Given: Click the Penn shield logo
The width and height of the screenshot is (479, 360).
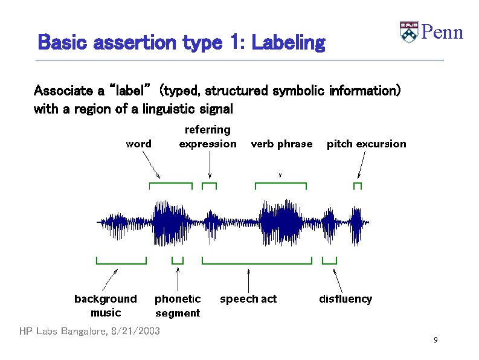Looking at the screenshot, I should (409, 32).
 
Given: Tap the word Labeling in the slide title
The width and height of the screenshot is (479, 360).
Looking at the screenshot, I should (288, 43).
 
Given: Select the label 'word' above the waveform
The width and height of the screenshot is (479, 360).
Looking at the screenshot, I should (138, 144).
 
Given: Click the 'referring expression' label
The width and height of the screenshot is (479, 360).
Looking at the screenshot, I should (208, 137).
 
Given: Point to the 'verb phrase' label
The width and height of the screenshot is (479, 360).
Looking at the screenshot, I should (281, 144).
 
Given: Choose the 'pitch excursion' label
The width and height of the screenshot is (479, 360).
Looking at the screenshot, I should (366, 144).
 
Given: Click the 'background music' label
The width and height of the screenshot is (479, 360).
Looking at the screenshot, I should (106, 306).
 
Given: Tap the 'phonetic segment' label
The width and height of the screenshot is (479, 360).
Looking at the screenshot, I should (178, 306).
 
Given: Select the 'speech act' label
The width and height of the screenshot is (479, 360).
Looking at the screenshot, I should (248, 299).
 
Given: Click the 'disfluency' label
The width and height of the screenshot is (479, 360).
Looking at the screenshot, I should (346, 299).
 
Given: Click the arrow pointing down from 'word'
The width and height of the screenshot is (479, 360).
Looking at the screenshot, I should (151, 164).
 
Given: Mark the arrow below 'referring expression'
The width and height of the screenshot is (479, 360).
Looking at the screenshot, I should (209, 164).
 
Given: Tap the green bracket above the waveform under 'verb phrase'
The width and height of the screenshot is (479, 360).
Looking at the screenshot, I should (281, 184).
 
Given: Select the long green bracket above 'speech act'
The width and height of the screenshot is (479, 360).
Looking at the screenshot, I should (256, 262).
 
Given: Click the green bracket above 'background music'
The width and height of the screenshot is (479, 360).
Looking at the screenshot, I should (121, 262).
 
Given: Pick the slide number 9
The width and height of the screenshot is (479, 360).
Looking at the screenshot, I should (435, 341).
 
